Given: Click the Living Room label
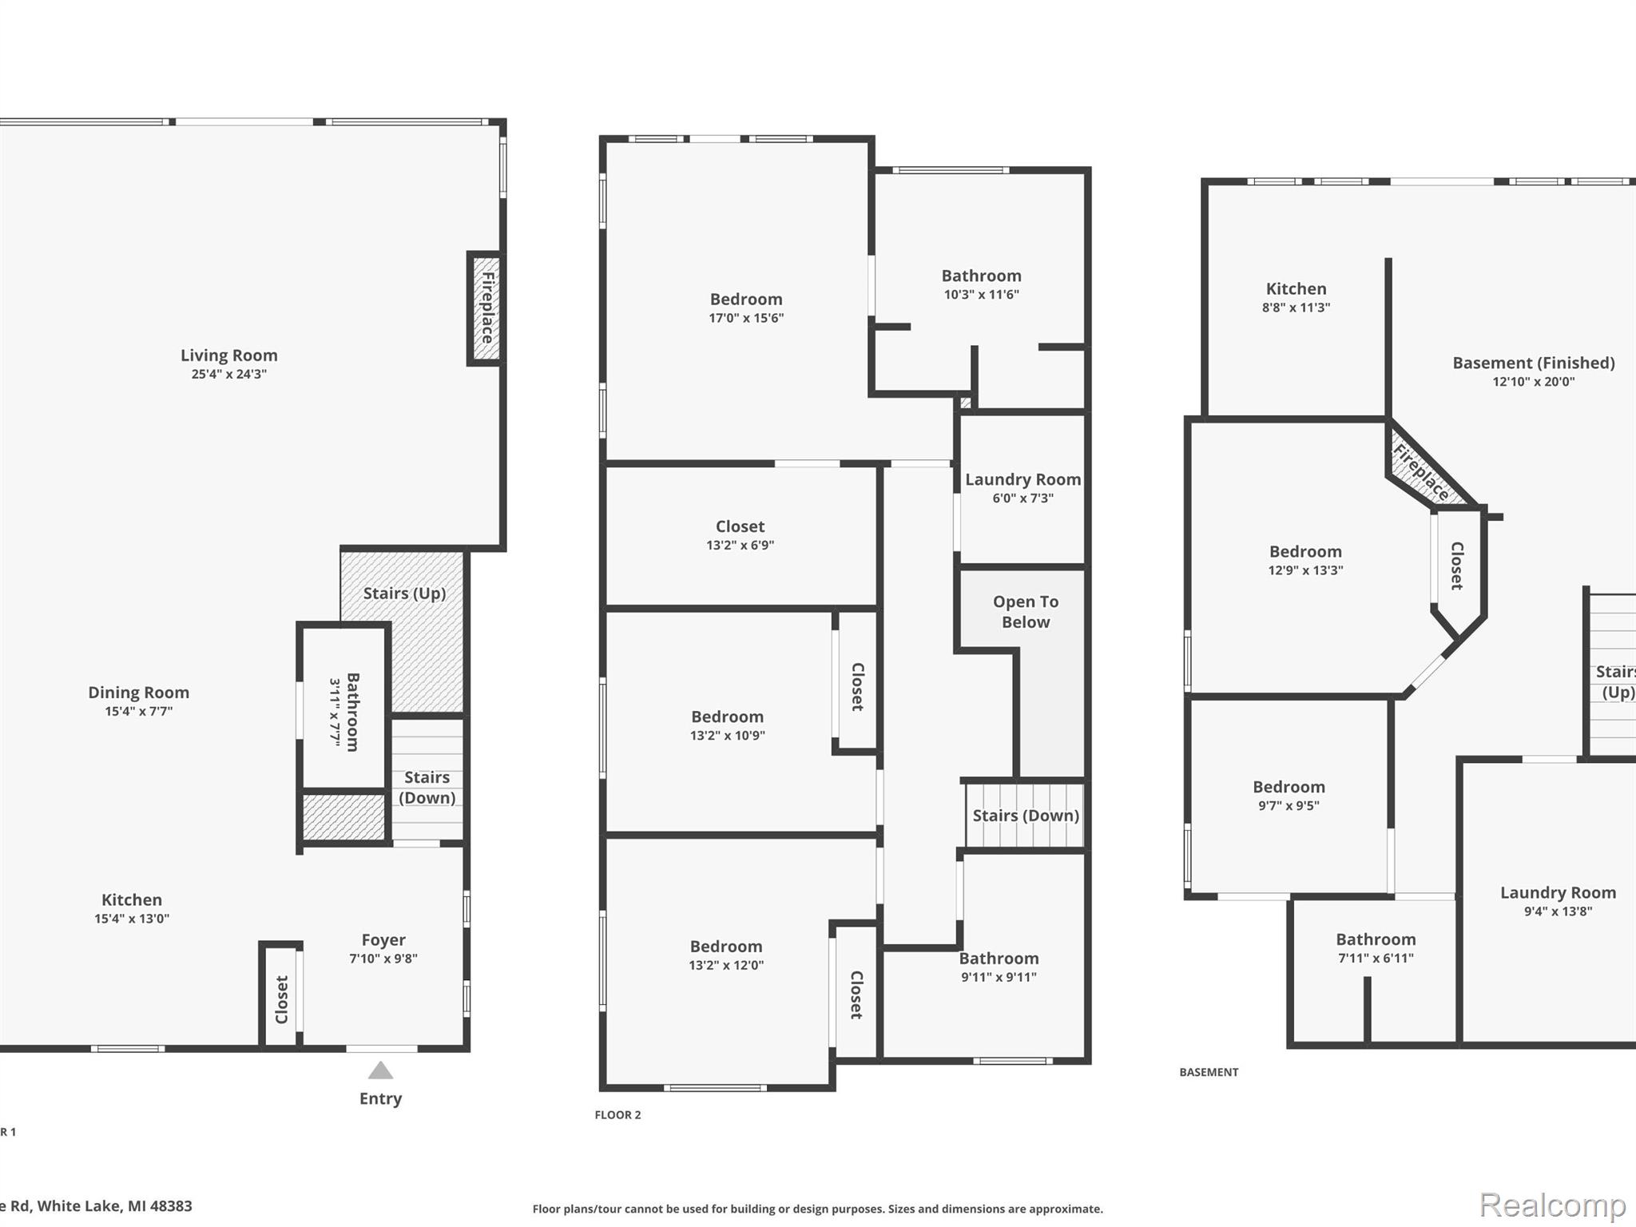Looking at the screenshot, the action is (x=228, y=355).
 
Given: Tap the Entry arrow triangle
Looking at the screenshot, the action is (x=380, y=1070).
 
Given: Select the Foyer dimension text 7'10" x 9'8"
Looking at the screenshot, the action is (x=383, y=959).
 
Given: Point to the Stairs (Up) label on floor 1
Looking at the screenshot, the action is (x=404, y=594).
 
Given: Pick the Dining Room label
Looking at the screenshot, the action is (x=139, y=693).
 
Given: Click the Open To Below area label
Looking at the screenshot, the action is (x=1026, y=612).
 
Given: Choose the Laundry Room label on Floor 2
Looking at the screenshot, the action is (x=1023, y=479).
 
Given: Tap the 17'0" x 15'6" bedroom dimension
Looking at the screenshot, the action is (x=746, y=318).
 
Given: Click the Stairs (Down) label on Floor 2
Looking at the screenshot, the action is (x=1026, y=816).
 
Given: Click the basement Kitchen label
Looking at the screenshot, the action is (x=1296, y=289).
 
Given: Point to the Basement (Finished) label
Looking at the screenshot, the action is (x=1534, y=363).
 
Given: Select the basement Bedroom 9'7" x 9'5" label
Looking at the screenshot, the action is (x=1289, y=788).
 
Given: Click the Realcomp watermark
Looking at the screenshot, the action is (x=1552, y=1204).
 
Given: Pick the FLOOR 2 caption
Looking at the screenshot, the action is (x=617, y=1115).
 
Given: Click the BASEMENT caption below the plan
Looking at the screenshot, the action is (x=1209, y=1072).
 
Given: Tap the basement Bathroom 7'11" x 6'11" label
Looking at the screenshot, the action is (x=1376, y=939).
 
